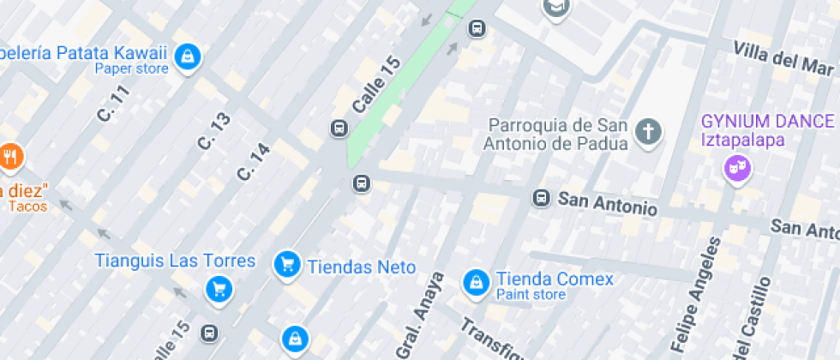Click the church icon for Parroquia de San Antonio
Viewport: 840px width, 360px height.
point(649,132)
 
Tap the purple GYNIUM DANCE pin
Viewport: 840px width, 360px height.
point(735,169)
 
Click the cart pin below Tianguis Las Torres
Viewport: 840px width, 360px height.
point(219,288)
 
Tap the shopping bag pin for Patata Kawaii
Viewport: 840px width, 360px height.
point(186,57)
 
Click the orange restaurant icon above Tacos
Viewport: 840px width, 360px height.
point(10,156)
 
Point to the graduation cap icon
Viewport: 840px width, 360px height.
point(556,8)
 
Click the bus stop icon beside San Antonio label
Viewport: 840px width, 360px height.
point(541,198)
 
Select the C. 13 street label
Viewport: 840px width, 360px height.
point(213,131)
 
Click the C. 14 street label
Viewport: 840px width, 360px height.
point(254,161)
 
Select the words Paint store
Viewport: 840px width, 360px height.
point(531,295)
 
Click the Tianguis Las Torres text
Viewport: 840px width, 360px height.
point(175,261)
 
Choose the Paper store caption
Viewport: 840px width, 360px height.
point(131,69)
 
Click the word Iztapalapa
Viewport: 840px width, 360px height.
point(743,140)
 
